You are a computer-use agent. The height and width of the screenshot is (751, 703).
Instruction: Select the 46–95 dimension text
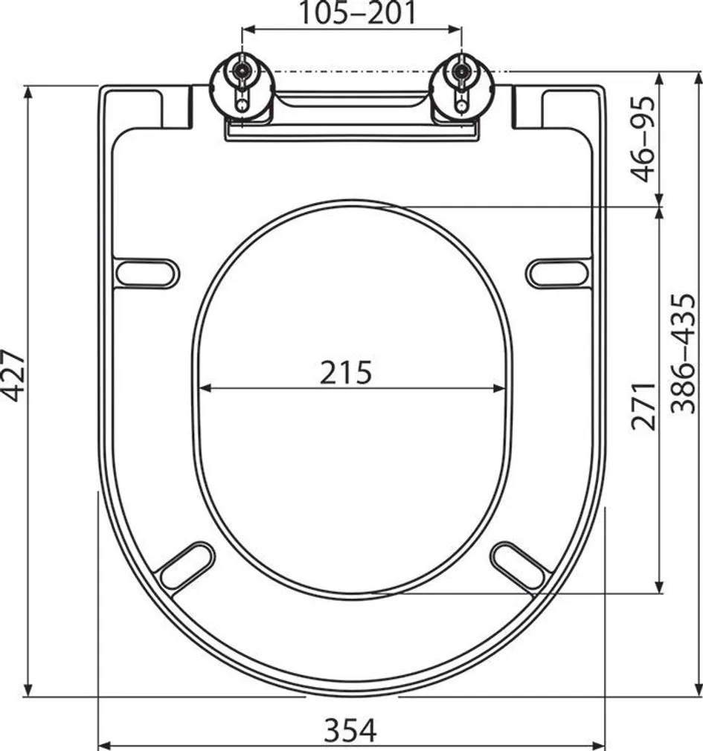coord(645,139)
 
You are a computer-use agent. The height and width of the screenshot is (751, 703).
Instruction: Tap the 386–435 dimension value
coord(683,353)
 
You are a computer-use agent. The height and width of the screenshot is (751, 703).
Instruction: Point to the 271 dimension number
coord(645,406)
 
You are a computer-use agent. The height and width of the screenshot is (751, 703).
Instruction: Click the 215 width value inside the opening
coord(346,372)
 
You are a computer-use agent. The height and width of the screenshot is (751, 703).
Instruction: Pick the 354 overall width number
coord(350,730)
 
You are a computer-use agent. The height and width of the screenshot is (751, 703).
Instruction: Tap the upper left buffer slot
coord(147,271)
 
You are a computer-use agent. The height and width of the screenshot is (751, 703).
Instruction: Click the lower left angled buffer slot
coord(185,564)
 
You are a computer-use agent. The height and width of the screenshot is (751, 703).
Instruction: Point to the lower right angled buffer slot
coord(521,564)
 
